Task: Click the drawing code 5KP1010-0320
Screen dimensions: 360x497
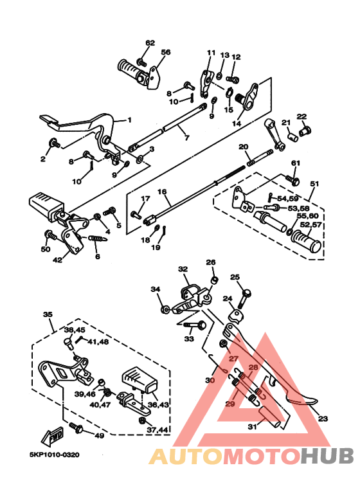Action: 55,455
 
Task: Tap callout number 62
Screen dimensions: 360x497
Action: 150,43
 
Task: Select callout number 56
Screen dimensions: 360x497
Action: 166,52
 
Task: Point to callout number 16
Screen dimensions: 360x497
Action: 161,192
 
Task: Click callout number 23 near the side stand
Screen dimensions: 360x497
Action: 323,419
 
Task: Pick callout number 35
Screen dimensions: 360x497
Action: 48,314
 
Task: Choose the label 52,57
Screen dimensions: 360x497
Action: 311,225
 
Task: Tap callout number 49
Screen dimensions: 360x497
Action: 100,435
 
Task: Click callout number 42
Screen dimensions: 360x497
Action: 57,260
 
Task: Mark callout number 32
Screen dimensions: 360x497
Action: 183,269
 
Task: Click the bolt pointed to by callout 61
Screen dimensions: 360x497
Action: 292,180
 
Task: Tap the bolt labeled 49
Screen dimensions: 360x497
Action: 76,428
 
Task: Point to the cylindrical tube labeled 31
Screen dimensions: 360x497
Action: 270,417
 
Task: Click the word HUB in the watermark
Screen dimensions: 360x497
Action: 327,456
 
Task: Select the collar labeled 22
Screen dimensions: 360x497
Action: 305,130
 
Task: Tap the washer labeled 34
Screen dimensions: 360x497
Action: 165,309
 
